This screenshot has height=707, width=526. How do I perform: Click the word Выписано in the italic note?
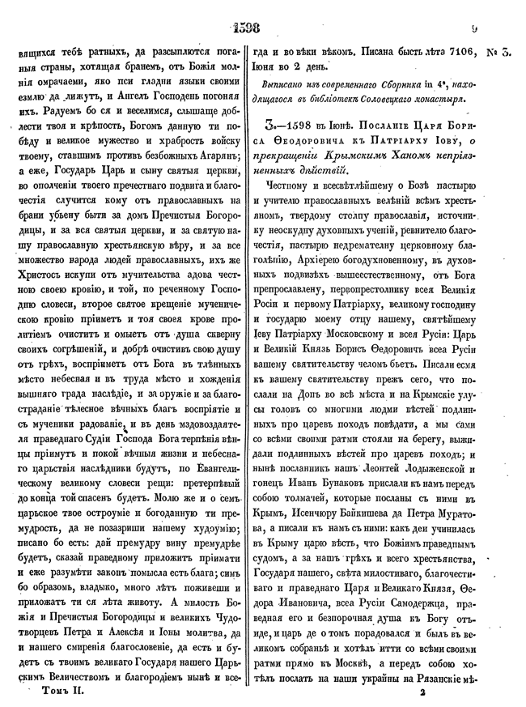coord(291,83)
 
